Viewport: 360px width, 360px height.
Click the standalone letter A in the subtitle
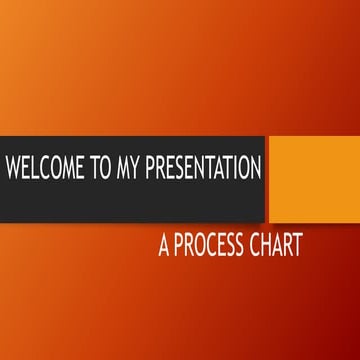pos(164,246)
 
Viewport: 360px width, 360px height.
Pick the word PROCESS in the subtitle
pos(205,246)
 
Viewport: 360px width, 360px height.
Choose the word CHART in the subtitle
pos(271,246)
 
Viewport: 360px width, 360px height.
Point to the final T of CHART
pos(296,246)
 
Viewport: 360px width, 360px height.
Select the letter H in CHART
pos(259,246)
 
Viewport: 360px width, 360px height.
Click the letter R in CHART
pos(284,246)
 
